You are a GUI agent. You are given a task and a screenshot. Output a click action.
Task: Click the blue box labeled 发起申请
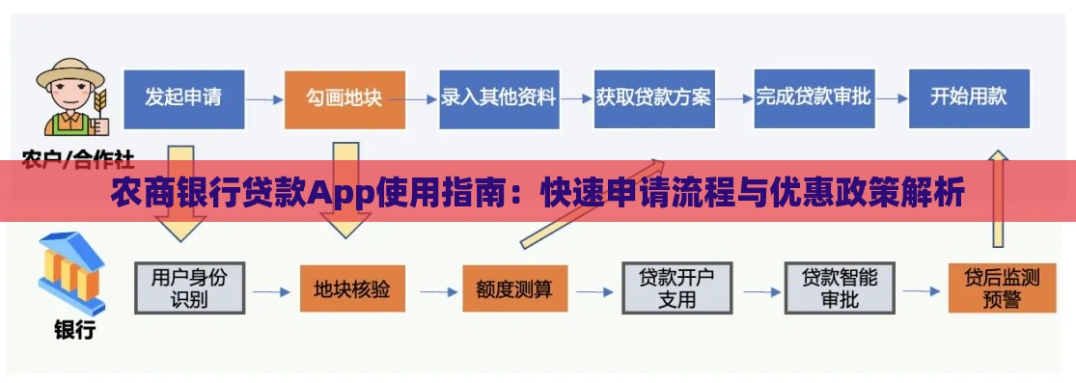point(183,98)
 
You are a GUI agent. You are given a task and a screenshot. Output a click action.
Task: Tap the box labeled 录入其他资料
point(498,98)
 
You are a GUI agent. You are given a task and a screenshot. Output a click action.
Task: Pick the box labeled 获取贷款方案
point(653,98)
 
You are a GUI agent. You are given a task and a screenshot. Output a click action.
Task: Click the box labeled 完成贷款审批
point(814,98)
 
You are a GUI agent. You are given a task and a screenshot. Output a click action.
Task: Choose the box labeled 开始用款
point(969,98)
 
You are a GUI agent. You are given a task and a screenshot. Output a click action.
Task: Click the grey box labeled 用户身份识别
point(189,287)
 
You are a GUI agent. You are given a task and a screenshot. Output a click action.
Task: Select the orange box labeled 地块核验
point(352,287)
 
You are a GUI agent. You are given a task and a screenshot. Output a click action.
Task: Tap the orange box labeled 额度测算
point(515,288)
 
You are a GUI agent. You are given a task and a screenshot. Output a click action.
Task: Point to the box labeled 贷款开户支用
point(677,288)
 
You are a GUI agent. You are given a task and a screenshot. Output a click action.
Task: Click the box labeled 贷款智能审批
point(840,288)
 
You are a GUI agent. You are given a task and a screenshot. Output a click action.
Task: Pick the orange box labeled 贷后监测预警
point(1002,288)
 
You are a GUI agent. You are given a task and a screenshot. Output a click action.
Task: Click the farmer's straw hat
point(70,73)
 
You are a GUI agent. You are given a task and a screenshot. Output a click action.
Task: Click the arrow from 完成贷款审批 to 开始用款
point(891,98)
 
